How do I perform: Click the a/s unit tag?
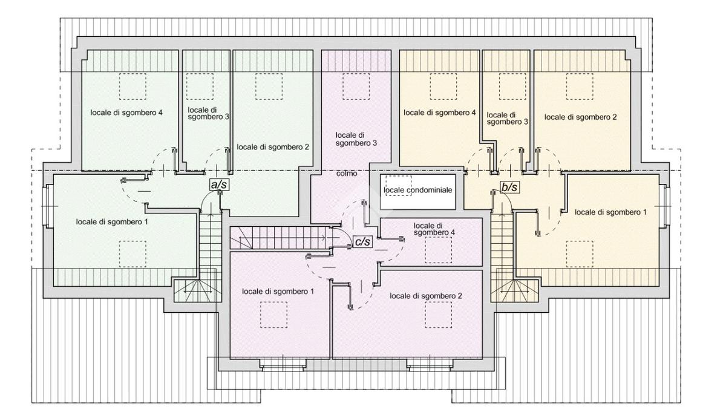219,185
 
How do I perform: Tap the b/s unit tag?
509,188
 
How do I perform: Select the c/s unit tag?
362,242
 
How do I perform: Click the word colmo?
347,174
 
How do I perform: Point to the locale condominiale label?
417,190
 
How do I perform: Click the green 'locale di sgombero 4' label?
126,113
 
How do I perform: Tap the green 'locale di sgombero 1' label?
112,222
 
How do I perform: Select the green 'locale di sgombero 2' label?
273,147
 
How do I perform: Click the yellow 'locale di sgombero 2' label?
580,117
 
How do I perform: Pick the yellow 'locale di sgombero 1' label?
610,212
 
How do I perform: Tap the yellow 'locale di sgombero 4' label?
440,113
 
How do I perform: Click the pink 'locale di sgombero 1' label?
278,292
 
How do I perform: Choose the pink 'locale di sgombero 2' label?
426,296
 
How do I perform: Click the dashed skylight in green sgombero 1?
132,254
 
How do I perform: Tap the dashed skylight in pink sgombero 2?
438,315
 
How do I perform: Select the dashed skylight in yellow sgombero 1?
580,254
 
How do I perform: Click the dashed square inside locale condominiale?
399,186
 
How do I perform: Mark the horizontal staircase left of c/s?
280,238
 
